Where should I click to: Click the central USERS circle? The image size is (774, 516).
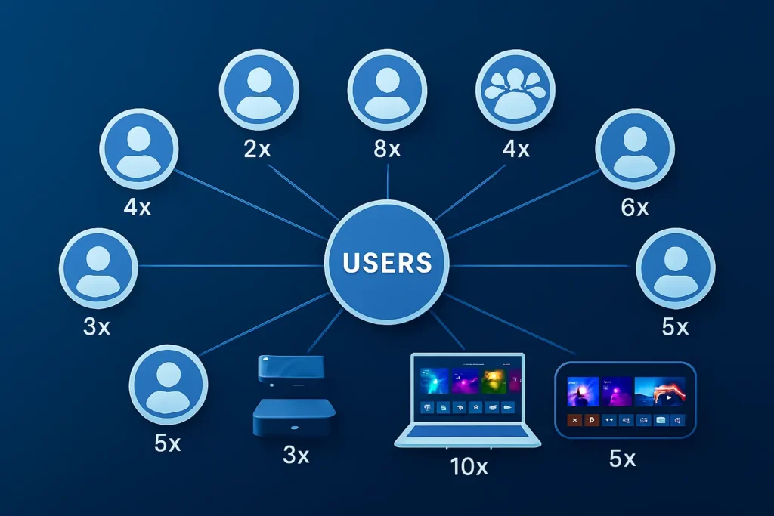[x=388, y=262]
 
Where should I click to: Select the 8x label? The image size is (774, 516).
[x=386, y=149]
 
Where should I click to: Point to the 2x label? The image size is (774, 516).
[x=257, y=149]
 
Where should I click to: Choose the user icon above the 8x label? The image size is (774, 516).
[x=387, y=90]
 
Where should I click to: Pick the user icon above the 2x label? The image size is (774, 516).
[x=259, y=90]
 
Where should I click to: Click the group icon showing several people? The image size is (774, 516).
[x=516, y=90]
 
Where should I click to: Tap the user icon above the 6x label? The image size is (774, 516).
[x=635, y=148]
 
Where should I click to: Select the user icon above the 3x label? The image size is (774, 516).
[x=98, y=268]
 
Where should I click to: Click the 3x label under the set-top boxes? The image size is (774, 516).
[x=296, y=456]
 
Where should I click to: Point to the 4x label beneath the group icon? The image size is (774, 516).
[x=515, y=149]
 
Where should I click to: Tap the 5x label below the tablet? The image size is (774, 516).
[x=623, y=458]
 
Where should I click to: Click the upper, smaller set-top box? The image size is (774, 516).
[x=291, y=369]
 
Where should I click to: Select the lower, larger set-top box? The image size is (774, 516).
[x=294, y=417]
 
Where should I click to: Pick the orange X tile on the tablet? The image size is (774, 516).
[x=574, y=421]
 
